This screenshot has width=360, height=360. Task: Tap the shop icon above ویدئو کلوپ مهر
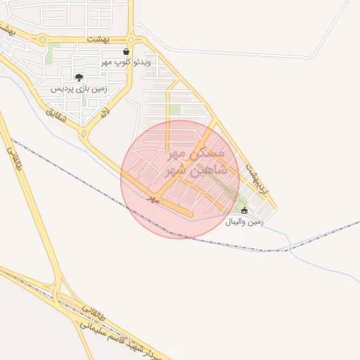click(127, 51)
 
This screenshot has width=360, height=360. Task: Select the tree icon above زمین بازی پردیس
click(78, 77)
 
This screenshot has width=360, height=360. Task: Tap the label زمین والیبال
click(244, 221)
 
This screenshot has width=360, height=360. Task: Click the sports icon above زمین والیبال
click(245, 210)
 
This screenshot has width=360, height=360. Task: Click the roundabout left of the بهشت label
click(44, 40)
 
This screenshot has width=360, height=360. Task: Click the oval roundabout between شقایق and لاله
click(84, 132)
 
